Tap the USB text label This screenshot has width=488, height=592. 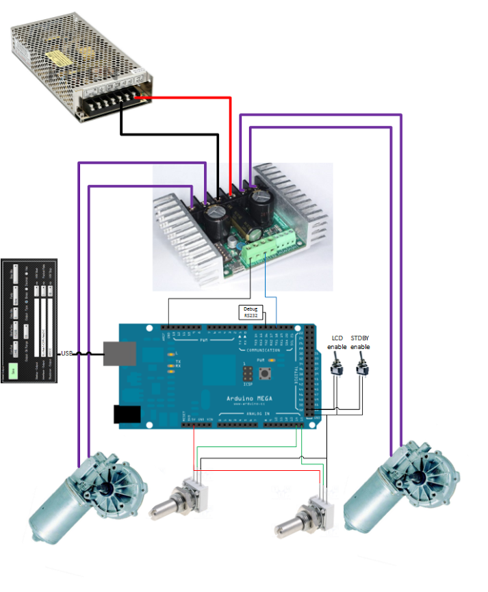coord(66,353)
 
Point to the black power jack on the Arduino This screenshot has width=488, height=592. coord(127,415)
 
